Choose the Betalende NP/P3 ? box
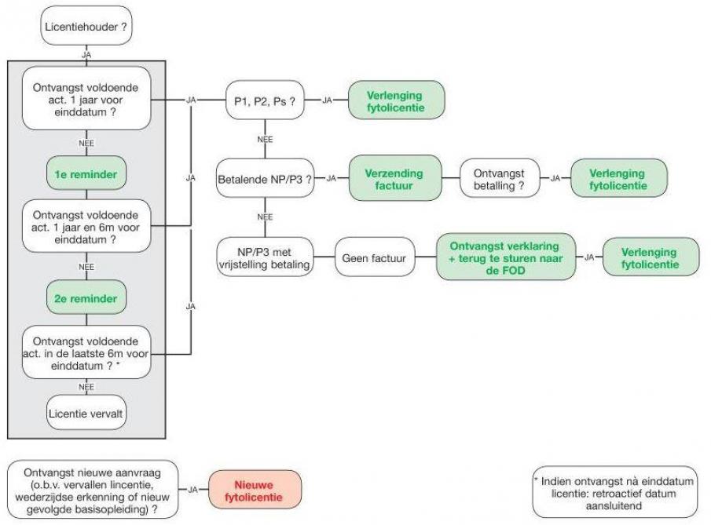click(264, 178)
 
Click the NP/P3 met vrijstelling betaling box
click(265, 257)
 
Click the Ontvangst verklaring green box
click(505, 256)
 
